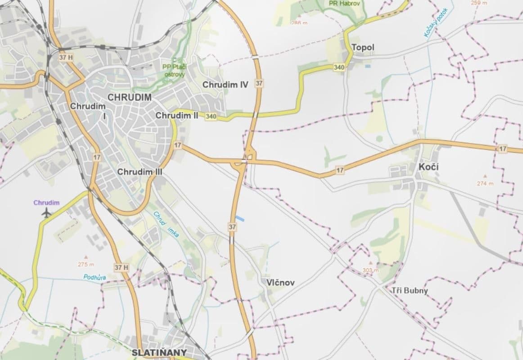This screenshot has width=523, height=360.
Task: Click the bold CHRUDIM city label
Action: [130, 97]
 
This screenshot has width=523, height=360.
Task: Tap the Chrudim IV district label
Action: [225, 84]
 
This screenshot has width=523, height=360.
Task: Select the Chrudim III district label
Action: [140, 171]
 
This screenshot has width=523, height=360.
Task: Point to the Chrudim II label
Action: [177, 116]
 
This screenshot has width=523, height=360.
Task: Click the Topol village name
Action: [363, 47]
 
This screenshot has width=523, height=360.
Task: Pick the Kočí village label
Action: [428, 167]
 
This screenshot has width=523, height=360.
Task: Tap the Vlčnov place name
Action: [280, 283]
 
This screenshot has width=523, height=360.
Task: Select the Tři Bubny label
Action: [410, 290]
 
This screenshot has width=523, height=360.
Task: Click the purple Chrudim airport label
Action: [46, 202]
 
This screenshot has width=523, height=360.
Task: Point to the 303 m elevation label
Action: [371, 270]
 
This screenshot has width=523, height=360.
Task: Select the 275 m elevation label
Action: [86, 264]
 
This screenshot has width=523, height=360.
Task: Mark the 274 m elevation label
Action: [485, 183]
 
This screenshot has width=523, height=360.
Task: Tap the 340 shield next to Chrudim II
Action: [211, 117]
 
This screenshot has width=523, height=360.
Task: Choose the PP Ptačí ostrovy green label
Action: [174, 71]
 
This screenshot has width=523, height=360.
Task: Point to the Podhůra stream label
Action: [95, 277]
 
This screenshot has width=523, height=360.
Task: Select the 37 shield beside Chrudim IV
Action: [259, 83]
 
